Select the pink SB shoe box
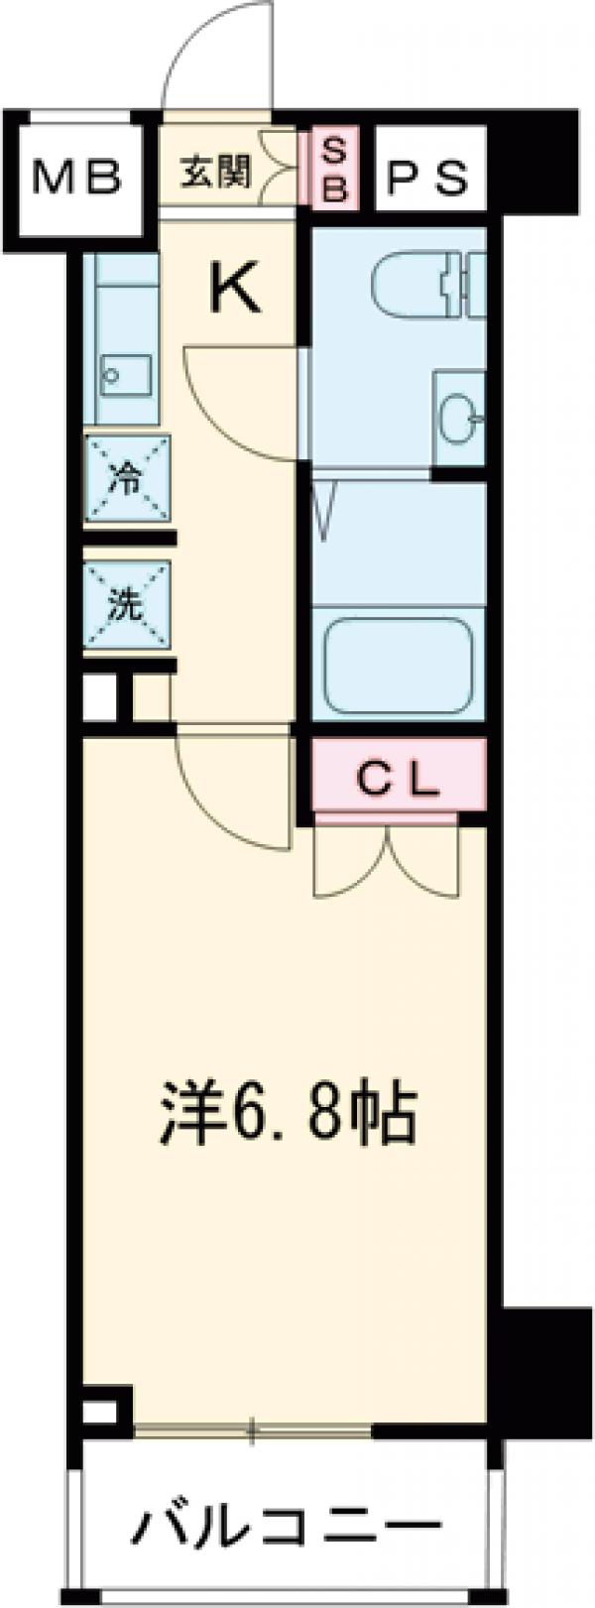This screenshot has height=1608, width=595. point(335,171)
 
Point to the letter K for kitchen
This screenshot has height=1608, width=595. point(235,290)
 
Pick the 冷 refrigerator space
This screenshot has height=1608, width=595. point(127,478)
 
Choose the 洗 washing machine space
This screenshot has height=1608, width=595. point(127,604)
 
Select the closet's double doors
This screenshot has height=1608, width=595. point(387,861)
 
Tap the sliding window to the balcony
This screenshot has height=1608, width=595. point(253,1429)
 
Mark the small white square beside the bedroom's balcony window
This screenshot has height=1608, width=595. point(99,1411)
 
